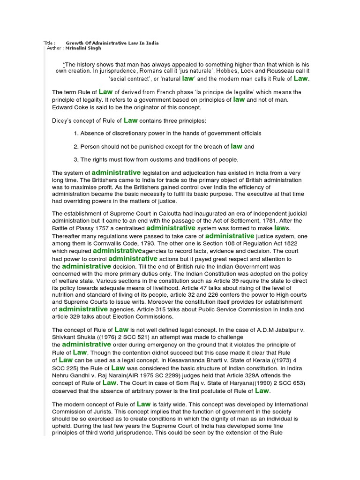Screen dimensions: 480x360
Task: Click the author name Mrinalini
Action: pyautogui.click(x=76, y=48)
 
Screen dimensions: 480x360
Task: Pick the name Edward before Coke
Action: pyautogui.click(x=62, y=107)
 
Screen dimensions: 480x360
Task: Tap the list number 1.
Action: pyautogui.click(x=75, y=134)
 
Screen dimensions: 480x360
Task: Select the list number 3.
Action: pyautogui.click(x=75, y=159)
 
